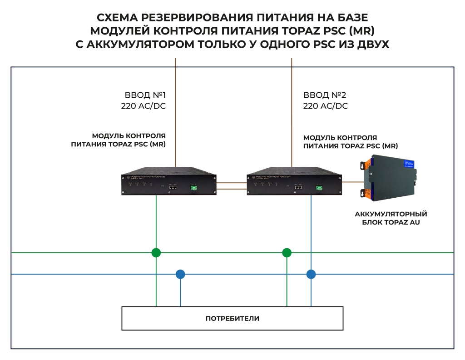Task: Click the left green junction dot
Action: [x=156, y=253]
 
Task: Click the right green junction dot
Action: [x=287, y=253]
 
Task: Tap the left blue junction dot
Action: [x=180, y=274]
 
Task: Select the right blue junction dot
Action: [x=311, y=274]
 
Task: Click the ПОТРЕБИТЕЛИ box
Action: [x=232, y=318]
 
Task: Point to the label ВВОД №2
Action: [x=325, y=95]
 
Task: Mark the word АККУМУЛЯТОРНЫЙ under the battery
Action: [x=391, y=214]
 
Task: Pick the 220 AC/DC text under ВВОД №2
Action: [x=326, y=106]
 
